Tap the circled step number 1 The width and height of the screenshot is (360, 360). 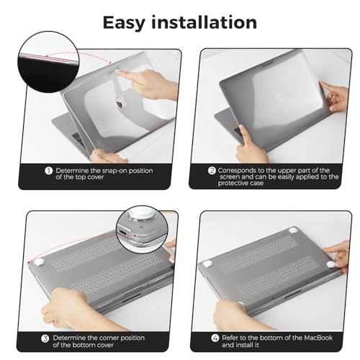[x=48, y=171]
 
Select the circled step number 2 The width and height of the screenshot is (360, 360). [x=212, y=171]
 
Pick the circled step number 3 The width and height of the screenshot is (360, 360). [x=45, y=337]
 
